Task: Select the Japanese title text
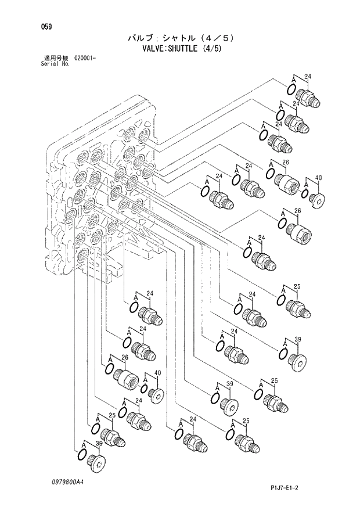(180, 38)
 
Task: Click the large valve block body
(102, 192)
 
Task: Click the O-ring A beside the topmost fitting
(291, 88)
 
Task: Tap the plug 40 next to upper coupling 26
(318, 199)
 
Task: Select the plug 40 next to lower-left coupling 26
(156, 394)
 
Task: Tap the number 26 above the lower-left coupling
(124, 357)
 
